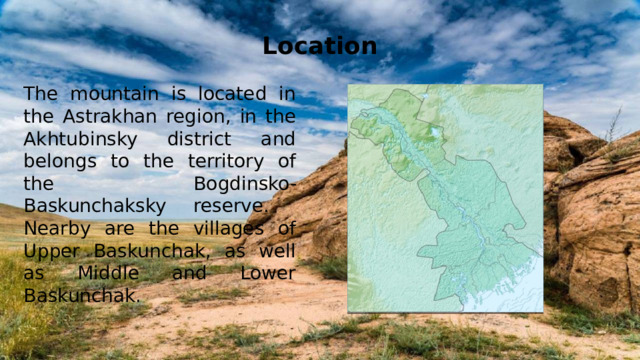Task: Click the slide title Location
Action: point(320,46)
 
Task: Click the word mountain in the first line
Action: point(103,93)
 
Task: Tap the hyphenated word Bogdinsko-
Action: point(244,184)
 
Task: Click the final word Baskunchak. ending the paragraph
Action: point(80,296)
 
